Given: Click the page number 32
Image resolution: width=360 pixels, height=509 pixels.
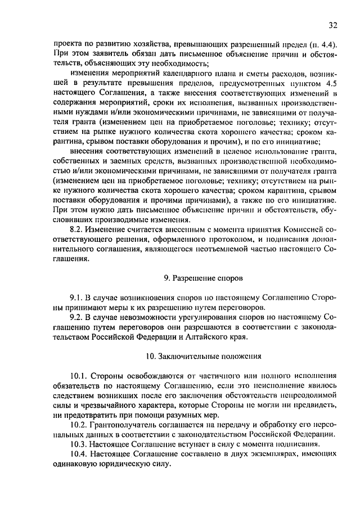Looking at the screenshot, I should click(x=332, y=25).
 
